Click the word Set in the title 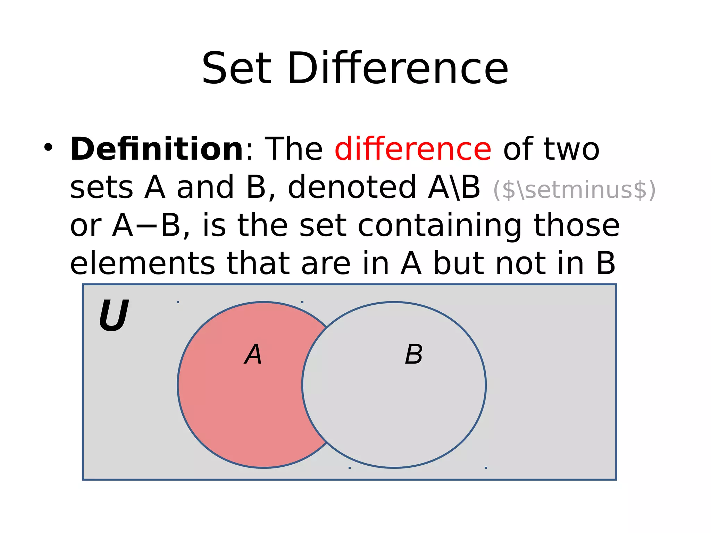[x=236, y=68]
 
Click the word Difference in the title [x=398, y=68]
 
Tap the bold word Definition [x=157, y=149]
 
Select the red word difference [x=413, y=149]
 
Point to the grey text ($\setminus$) [x=574, y=190]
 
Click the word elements [x=142, y=264]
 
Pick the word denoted [x=352, y=187]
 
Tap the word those [x=576, y=226]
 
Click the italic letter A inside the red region [x=253, y=354]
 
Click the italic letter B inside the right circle [x=413, y=354]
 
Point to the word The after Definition [x=293, y=149]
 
